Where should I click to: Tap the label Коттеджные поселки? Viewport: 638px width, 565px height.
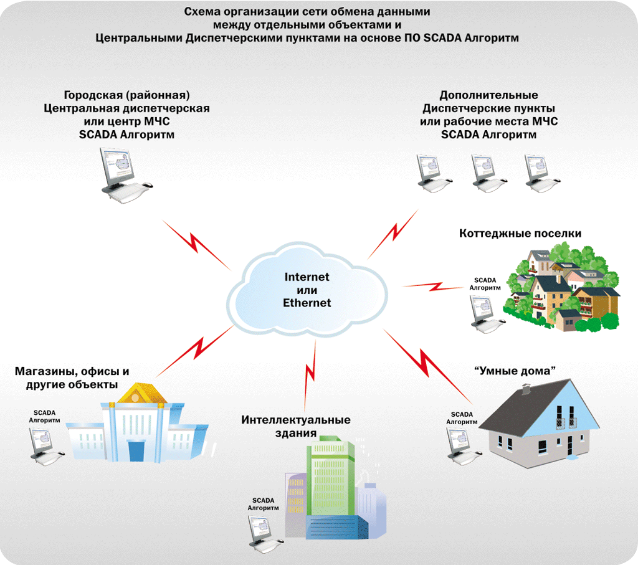(x=520, y=234)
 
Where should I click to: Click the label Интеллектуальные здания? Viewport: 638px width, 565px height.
(x=296, y=427)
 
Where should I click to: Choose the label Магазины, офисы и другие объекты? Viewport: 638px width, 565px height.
(x=72, y=378)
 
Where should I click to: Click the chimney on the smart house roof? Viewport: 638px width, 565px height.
(x=525, y=391)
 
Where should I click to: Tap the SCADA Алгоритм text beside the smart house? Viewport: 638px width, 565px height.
(x=462, y=418)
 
